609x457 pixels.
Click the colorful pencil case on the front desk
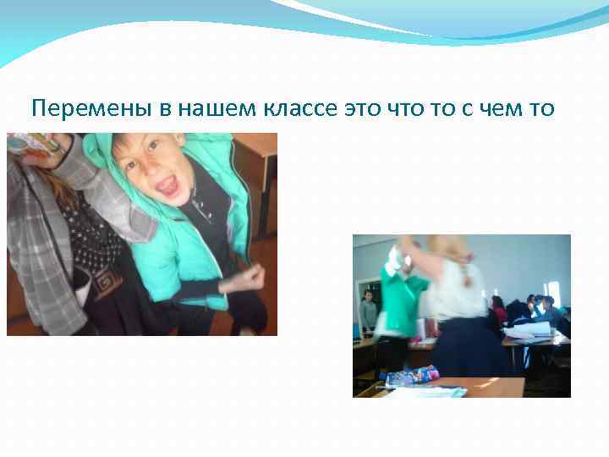(414, 376)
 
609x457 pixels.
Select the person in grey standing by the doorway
(368, 311)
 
